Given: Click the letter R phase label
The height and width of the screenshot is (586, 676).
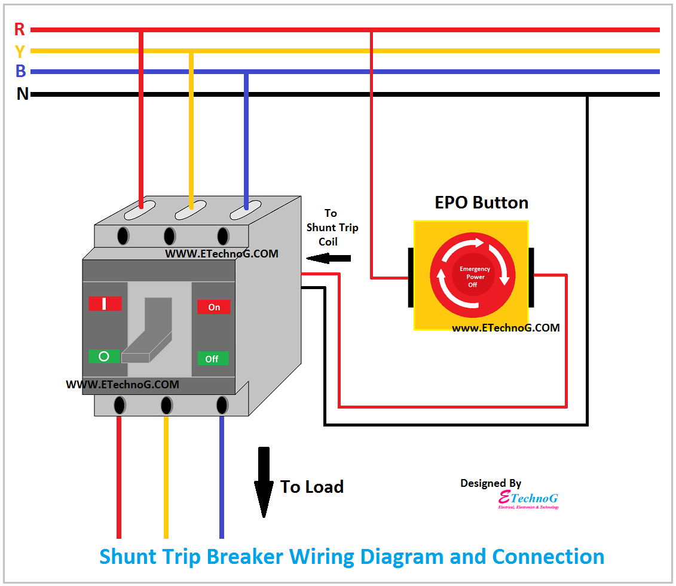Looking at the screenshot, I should pos(20,29).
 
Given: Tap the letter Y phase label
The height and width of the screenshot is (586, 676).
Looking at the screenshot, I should pos(20,51).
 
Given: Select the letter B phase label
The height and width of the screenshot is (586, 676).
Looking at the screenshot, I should pos(20,72).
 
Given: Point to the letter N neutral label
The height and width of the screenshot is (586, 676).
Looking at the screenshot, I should pos(22,94).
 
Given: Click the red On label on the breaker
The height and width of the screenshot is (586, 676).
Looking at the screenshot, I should pos(214,307).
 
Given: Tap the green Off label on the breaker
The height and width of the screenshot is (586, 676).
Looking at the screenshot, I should pos(212,359).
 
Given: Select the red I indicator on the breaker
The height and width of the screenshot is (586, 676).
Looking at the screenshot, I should pos(105,303).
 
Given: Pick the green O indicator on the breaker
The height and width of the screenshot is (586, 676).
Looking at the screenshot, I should pos(104,357).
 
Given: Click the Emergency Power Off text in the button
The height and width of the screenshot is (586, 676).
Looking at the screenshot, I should pos(475,277).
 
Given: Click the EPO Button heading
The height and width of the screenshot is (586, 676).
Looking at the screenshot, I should pos(481,203).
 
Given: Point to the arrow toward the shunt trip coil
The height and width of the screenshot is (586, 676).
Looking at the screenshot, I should pos(328,259).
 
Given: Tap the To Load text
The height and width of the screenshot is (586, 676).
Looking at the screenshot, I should pos(312,487).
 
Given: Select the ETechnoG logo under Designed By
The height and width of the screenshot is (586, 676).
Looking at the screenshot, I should pos(528,499).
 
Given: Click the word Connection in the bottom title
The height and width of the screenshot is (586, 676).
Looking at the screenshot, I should pos(548,556).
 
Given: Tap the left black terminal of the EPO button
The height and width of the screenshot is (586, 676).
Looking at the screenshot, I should pos(411,278).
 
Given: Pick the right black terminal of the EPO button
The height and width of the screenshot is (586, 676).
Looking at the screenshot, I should pos(531,278).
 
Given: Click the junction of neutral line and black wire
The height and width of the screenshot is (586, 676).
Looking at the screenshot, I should pos(587,94).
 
